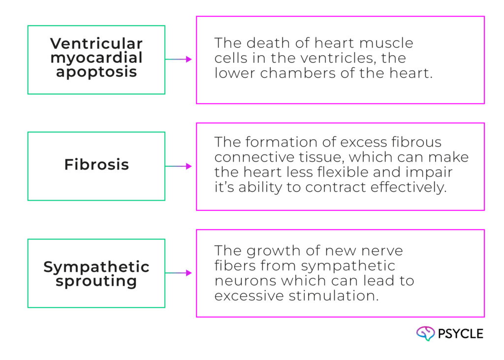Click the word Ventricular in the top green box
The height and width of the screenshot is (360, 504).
(x=96, y=43)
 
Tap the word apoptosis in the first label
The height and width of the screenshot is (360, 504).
(x=96, y=72)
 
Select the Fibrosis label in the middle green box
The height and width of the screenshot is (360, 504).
(x=96, y=165)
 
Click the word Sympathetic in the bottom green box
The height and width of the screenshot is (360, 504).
(x=96, y=267)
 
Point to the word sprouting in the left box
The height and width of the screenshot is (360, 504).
(x=96, y=282)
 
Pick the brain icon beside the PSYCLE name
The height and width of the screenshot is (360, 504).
(x=426, y=334)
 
